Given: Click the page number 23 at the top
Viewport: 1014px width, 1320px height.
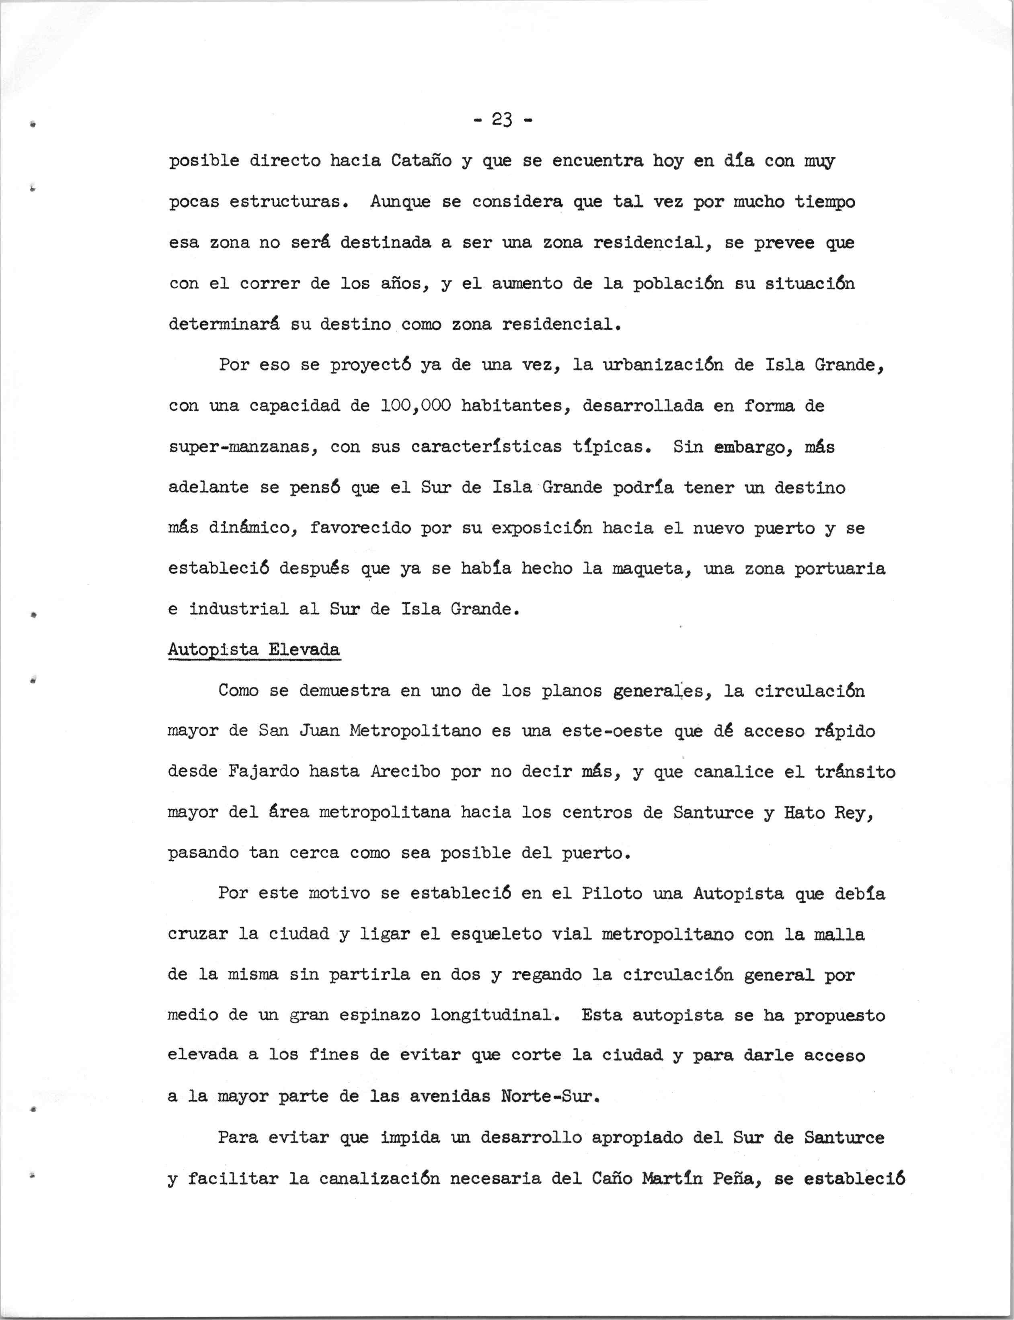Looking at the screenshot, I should (501, 121).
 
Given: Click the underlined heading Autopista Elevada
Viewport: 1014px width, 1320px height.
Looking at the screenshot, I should (254, 650).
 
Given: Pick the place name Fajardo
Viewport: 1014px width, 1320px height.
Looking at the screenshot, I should (264, 772).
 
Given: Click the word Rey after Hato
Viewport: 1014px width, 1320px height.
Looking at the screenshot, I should (852, 812).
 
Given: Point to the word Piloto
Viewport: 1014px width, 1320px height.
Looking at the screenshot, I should (612, 894).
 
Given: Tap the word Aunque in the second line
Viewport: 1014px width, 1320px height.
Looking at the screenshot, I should (400, 202).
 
